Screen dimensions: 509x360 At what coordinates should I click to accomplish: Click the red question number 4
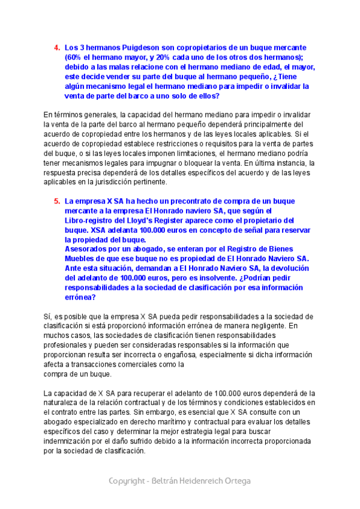click(57, 47)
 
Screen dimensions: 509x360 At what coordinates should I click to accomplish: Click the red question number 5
click(57, 202)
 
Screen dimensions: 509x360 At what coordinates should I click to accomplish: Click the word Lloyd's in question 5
click(169, 221)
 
